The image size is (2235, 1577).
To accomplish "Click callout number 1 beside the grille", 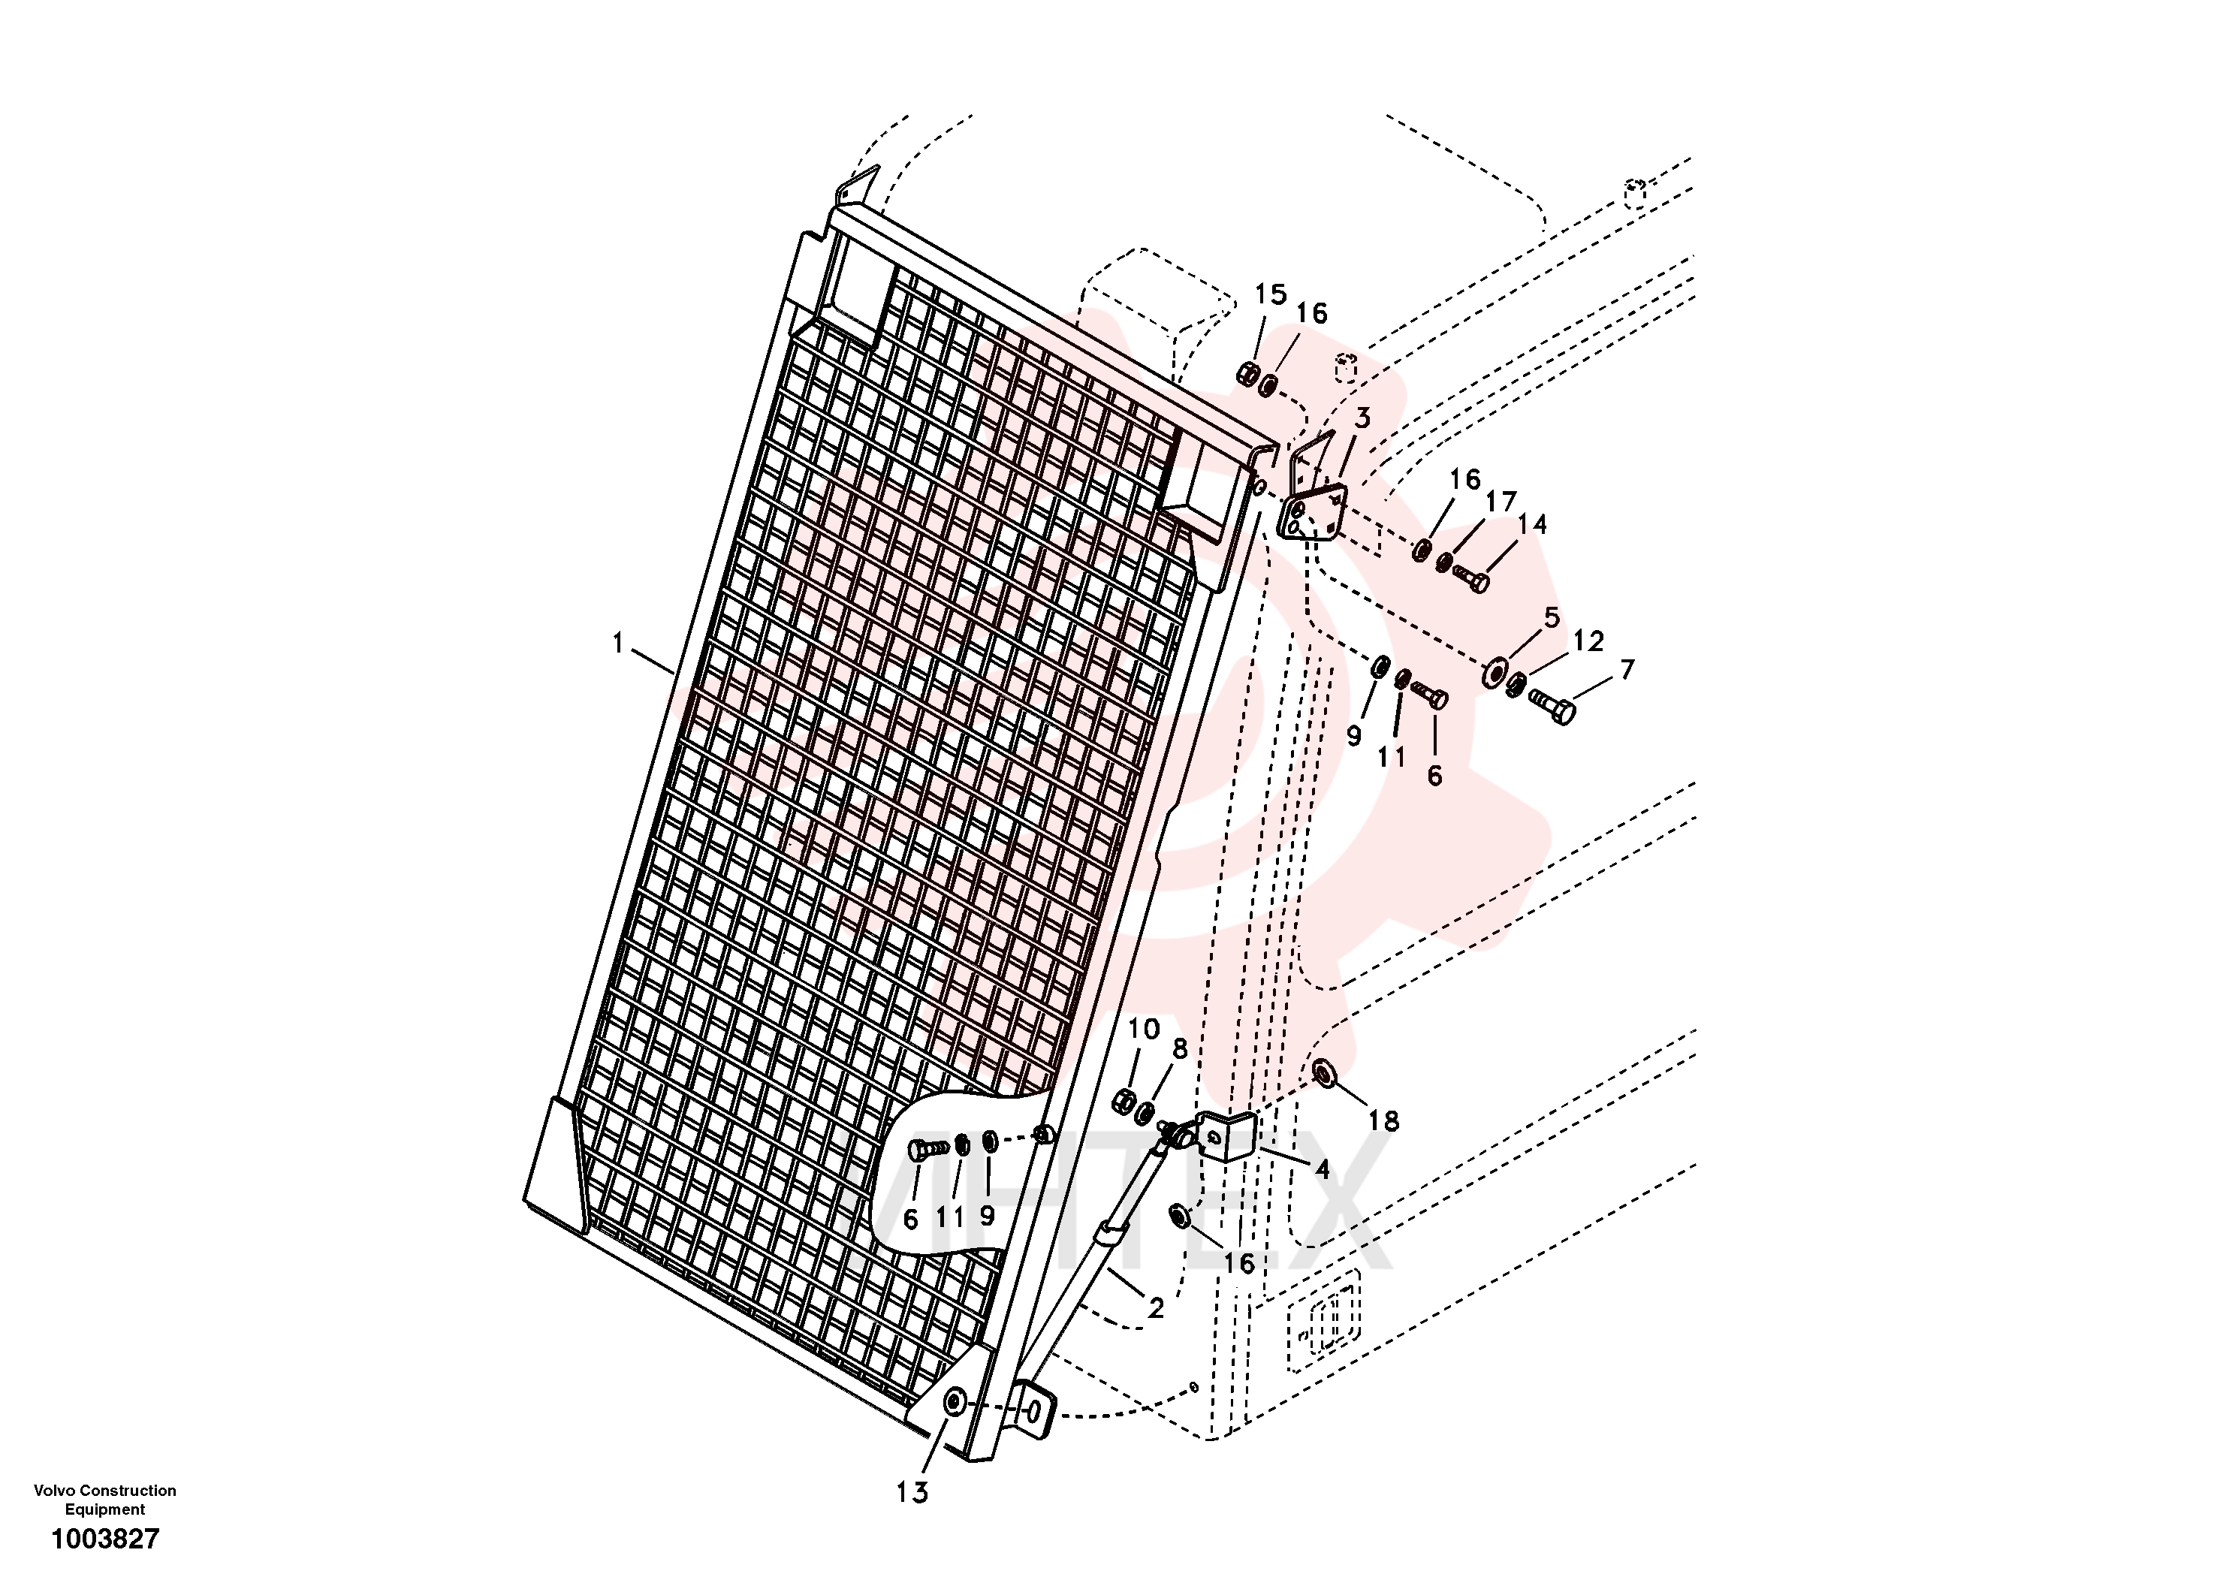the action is point(617,644).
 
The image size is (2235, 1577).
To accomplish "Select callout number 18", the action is point(1383,1120).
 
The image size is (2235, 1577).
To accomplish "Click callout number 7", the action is point(1627,669).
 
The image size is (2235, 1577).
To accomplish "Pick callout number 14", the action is point(1531,523).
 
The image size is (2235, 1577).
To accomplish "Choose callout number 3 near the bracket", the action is point(1362,418).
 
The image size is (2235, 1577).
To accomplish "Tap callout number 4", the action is point(1322,1168).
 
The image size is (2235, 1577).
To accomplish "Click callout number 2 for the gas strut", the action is point(1156,1307).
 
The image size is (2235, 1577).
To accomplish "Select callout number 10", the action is point(1144,1029).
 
